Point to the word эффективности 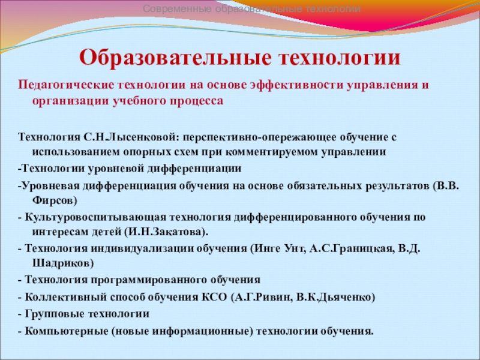[x=296, y=85]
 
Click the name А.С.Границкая [x=351, y=248]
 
